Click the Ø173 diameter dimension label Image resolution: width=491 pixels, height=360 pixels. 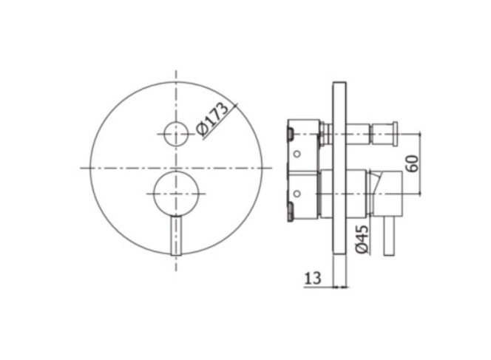point(212,120)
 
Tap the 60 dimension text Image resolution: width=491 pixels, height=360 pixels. point(413,163)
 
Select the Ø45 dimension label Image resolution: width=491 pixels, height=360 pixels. point(361,240)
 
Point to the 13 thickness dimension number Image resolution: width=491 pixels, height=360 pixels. point(313,278)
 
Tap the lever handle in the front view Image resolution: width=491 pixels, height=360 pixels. point(176,236)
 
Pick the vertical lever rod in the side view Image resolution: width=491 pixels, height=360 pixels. point(389,236)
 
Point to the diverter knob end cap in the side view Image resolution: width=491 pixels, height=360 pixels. point(396,134)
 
